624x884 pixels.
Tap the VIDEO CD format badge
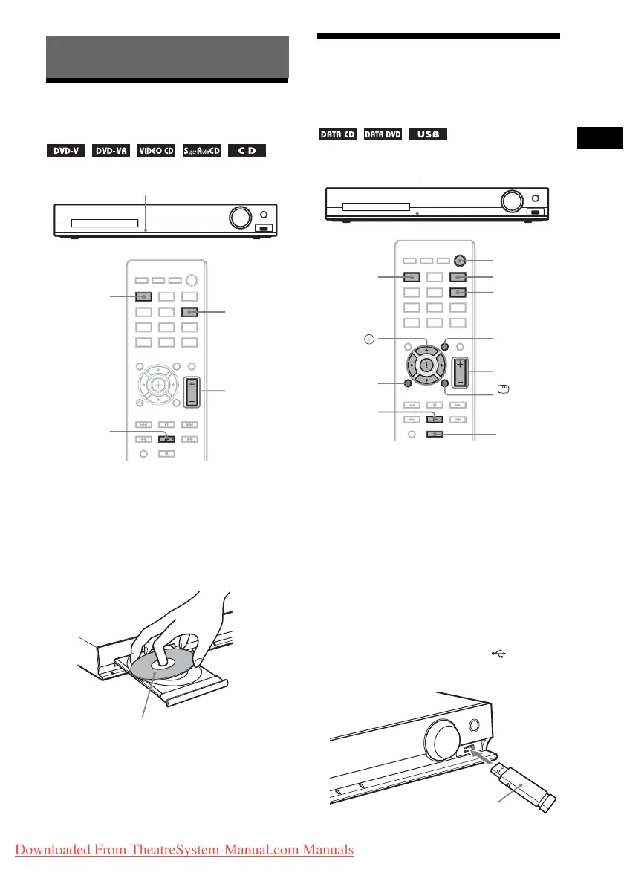pyautogui.click(x=155, y=152)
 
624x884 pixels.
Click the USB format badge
pyautogui.click(x=428, y=135)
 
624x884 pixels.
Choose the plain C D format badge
pyautogui.click(x=247, y=152)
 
